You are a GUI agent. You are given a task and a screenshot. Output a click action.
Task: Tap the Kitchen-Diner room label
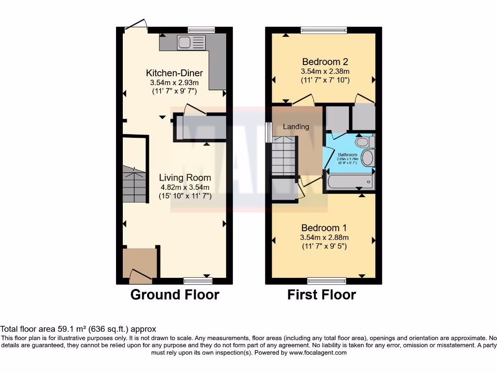coord(174,73)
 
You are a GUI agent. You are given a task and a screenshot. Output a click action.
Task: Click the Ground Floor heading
coord(175,294)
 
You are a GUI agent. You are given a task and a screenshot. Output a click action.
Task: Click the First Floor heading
coord(321,294)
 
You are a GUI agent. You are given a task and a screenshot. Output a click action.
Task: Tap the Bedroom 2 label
coord(325,62)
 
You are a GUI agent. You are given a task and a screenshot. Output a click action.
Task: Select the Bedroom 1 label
coord(324,228)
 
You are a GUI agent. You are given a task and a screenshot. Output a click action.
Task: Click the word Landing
coord(296,127)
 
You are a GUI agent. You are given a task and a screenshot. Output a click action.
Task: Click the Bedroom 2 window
coord(324,30)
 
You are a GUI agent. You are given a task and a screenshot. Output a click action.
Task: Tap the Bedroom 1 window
coord(327,280)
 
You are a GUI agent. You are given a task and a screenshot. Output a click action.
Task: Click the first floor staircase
coord(284,155)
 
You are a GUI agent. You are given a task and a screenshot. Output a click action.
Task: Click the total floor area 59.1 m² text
coord(78,329)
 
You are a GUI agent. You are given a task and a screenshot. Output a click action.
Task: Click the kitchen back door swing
coord(136,24)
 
